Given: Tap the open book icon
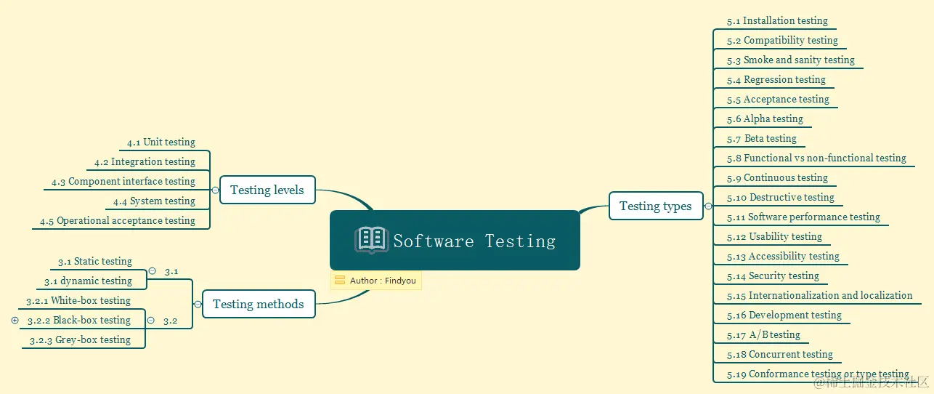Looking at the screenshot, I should click(x=371, y=240).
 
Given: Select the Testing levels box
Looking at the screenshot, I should click(x=267, y=190).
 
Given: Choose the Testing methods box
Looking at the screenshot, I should click(x=258, y=305).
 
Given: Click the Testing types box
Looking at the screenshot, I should click(x=655, y=206).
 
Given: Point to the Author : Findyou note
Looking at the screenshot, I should click(x=376, y=281).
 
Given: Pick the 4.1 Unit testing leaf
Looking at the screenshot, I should click(x=161, y=142).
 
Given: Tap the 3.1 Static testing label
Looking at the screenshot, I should click(x=95, y=262).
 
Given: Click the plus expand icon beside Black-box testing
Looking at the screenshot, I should click(x=15, y=321).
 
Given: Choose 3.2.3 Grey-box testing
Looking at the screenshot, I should click(x=80, y=340).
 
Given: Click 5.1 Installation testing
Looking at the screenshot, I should click(x=777, y=21).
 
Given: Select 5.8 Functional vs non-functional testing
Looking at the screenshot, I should click(x=816, y=158).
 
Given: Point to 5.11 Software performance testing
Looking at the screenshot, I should click(x=803, y=217).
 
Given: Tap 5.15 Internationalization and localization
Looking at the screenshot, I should click(x=819, y=296).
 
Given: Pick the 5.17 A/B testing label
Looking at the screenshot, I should click(x=763, y=335).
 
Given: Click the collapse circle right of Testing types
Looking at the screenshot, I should click(x=708, y=206).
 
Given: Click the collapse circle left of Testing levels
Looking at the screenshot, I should click(x=215, y=190).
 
